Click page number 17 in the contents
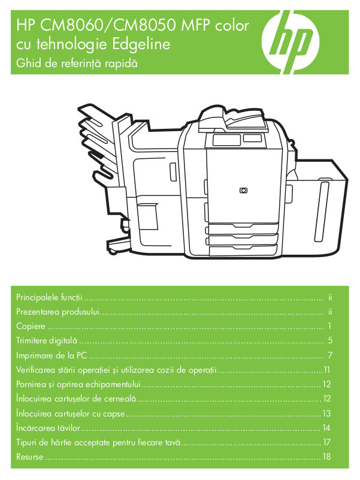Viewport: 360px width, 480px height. pos(326,442)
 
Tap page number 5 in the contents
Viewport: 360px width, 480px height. pos(329,341)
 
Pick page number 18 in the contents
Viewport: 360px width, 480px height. pos(326,457)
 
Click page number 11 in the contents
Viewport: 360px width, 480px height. pos(326,370)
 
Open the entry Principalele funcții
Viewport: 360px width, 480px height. pos(50,297)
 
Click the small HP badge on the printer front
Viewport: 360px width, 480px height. pos(243,191)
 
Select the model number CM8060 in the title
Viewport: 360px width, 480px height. pos(65,25)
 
